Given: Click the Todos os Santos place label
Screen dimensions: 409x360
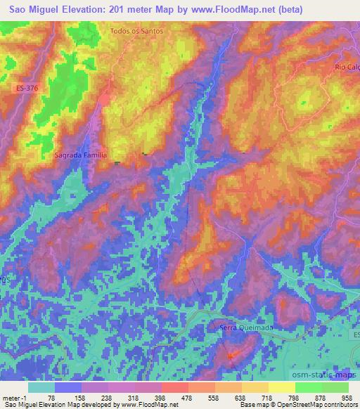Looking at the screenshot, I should [x=137, y=32].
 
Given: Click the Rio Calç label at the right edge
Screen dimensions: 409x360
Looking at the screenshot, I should [x=347, y=67].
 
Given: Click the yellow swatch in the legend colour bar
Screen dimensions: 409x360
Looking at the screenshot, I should [x=281, y=387].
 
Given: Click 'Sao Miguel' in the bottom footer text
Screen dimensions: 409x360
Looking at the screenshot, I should [x=17, y=405].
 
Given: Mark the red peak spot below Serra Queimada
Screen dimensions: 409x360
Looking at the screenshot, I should [x=232, y=357].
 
